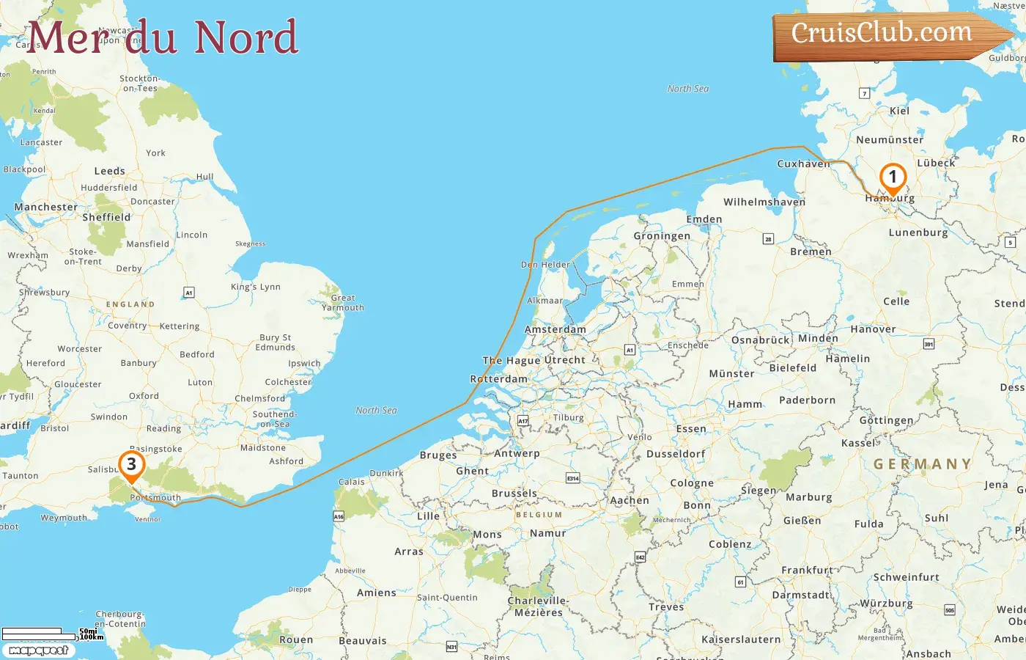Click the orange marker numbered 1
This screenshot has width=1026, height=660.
(x=893, y=177)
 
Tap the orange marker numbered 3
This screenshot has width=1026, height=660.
(x=131, y=465)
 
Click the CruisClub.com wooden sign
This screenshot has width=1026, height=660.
(x=882, y=34)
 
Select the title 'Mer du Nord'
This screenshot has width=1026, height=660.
(x=163, y=37)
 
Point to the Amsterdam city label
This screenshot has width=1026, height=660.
(x=556, y=329)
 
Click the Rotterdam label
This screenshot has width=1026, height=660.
(x=498, y=379)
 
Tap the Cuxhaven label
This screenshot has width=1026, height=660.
(x=803, y=164)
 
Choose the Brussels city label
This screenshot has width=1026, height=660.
(x=514, y=494)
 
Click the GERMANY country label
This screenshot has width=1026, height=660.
(x=922, y=464)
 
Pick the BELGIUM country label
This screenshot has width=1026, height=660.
(x=539, y=515)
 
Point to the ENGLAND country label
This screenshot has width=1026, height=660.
(x=130, y=304)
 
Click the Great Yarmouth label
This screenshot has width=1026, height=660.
(x=343, y=303)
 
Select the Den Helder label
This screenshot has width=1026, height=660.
(x=545, y=265)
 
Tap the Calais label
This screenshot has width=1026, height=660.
(x=352, y=482)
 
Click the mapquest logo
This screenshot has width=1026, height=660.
(x=39, y=650)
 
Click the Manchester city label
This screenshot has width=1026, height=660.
(x=45, y=207)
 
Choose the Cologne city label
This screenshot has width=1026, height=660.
(x=692, y=483)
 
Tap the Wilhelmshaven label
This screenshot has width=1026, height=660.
(x=764, y=202)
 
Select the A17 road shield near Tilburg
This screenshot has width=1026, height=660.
(x=523, y=421)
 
